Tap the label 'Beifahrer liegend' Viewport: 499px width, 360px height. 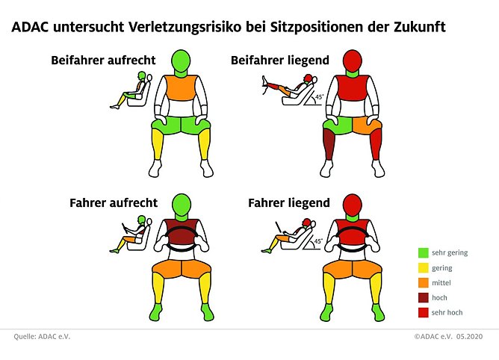[280, 60]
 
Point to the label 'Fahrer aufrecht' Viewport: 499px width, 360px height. [113, 202]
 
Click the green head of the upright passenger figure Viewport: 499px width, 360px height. [181, 59]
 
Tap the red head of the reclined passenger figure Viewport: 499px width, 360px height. [352, 59]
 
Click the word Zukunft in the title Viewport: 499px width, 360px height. [418, 28]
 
